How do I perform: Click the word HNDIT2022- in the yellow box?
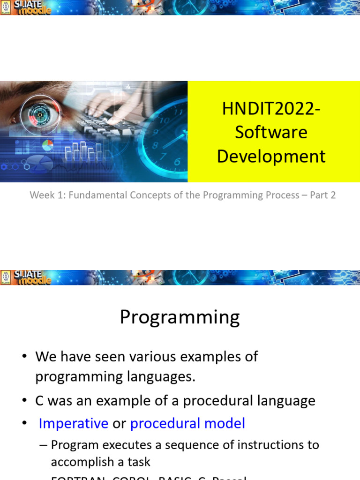click(x=271, y=109)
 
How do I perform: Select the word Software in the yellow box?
click(x=271, y=132)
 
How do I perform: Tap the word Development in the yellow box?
click(x=271, y=156)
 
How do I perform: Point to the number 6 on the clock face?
click(x=177, y=162)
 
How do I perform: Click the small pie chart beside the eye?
click(x=47, y=145)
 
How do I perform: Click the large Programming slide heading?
click(x=180, y=317)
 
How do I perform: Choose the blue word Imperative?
click(x=73, y=423)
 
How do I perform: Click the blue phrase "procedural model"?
click(x=187, y=423)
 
